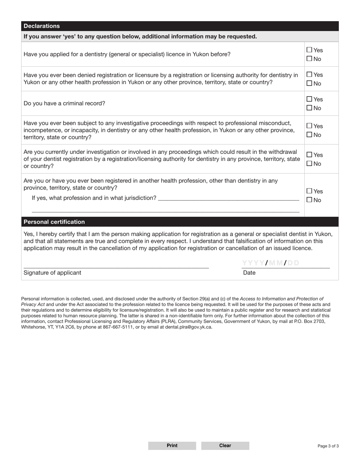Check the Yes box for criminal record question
tap(309, 99)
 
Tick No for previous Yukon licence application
tap(309, 59)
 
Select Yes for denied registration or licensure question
tap(309, 75)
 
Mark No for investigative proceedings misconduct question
tap(309, 134)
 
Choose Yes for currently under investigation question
tap(309, 155)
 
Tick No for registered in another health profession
tap(309, 200)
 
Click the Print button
tap(172, 446)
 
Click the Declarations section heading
tap(42, 26)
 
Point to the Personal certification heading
tap(54, 222)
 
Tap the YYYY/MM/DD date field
tap(271, 263)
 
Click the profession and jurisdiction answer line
tap(228, 197)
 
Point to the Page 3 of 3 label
tap(328, 446)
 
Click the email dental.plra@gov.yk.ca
tap(188, 327)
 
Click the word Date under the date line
tap(249, 273)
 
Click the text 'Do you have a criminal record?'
tap(64, 103)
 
